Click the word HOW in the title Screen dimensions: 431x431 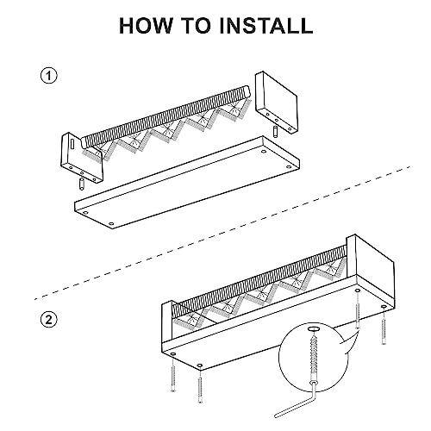[x=146, y=26]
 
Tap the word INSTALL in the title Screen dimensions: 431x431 [x=265, y=26]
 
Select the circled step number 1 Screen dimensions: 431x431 [x=49, y=76]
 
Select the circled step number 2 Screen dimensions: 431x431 [x=49, y=320]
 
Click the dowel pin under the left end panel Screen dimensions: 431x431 [x=81, y=184]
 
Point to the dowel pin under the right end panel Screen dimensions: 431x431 [x=275, y=132]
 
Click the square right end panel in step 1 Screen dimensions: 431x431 [x=277, y=102]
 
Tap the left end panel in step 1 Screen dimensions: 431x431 [x=81, y=158]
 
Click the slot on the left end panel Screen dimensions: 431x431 [x=72, y=144]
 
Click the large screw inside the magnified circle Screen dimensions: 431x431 [x=314, y=356]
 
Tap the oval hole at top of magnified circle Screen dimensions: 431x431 [x=314, y=328]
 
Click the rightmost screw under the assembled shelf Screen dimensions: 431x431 [x=384, y=325]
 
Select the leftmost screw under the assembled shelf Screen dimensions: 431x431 [x=172, y=372]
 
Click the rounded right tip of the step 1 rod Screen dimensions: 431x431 [x=247, y=91]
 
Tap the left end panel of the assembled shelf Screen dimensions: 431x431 [x=167, y=322]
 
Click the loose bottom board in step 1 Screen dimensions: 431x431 [x=187, y=183]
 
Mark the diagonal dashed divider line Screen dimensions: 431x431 [x=222, y=233]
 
